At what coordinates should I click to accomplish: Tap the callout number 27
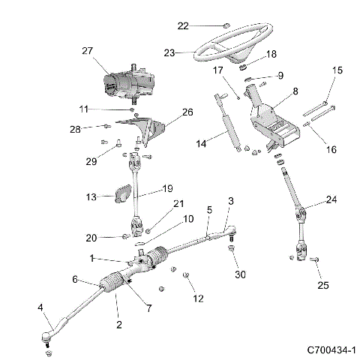pyautogui.click(x=86, y=51)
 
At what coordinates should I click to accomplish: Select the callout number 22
pyautogui.click(x=183, y=26)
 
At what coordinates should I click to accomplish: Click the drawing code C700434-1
pyautogui.click(x=331, y=350)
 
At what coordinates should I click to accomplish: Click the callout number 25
pyautogui.click(x=322, y=285)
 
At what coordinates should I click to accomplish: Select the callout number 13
pyautogui.click(x=91, y=197)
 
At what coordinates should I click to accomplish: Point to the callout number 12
pyautogui.click(x=198, y=298)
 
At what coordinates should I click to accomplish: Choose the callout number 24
pyautogui.click(x=331, y=199)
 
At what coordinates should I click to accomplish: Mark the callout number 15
pyautogui.click(x=337, y=70)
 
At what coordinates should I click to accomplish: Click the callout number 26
pyautogui.click(x=187, y=112)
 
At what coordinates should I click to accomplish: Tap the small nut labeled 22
pyautogui.click(x=225, y=25)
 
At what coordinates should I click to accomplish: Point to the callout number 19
pyautogui.click(x=167, y=189)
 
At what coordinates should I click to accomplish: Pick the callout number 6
pyautogui.click(x=75, y=279)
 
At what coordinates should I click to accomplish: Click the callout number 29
pyautogui.click(x=91, y=161)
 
